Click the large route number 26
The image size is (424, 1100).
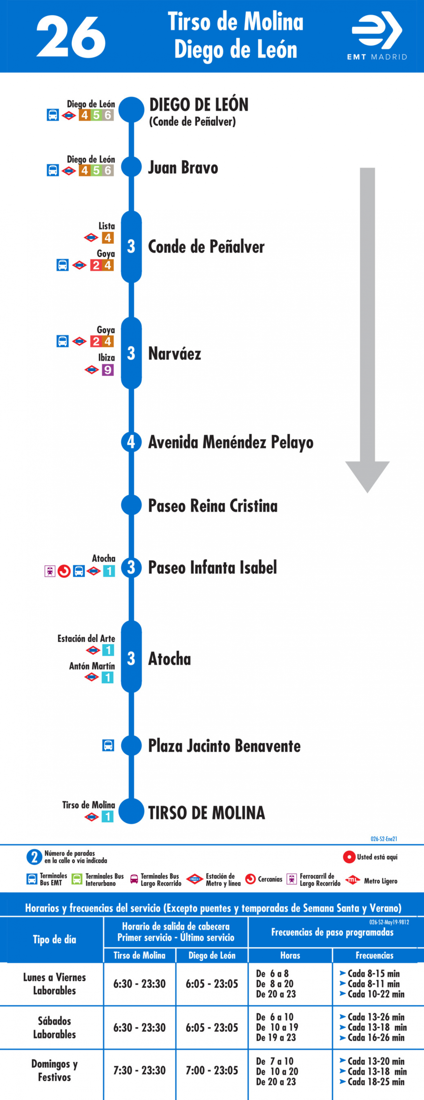[x=71, y=36]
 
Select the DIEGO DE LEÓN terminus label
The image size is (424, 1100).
[x=199, y=105]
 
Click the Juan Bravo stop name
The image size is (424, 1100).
[x=183, y=167]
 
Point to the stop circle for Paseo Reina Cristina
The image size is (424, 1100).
[x=131, y=505]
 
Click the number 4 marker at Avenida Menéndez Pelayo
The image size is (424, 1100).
[x=131, y=442]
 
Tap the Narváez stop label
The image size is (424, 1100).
[x=175, y=354]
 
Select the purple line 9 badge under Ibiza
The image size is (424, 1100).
[x=108, y=370]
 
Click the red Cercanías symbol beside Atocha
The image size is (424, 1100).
[x=64, y=571]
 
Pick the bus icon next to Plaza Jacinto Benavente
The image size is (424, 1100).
[x=108, y=745]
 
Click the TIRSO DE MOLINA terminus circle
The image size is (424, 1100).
[x=131, y=811]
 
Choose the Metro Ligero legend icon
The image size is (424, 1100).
[x=352, y=880]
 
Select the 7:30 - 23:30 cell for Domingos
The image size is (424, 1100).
[x=139, y=1071]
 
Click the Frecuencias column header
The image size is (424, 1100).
[x=375, y=955]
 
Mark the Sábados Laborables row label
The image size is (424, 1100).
[x=55, y=1027]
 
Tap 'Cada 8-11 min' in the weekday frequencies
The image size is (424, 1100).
[x=370, y=984]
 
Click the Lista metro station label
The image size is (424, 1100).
[x=107, y=226]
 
